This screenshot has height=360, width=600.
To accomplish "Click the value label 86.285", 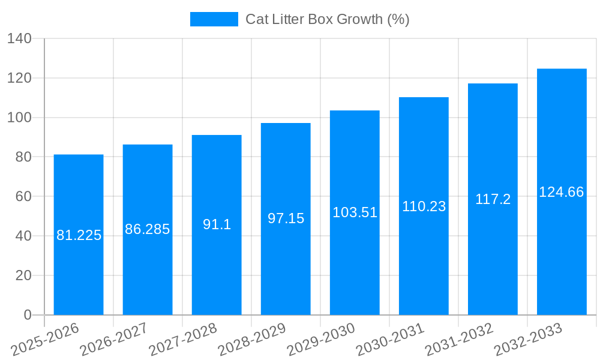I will tap(148, 229).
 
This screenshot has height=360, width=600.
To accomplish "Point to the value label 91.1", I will tap(217, 224).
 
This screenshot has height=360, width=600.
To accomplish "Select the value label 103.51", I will tap(355, 212).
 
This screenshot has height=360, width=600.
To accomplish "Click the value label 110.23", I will tap(424, 206).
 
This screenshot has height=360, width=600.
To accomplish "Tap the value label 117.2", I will tap(493, 200).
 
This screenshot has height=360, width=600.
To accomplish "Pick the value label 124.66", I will tap(562, 193).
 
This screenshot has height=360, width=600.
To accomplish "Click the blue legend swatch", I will tap(214, 19).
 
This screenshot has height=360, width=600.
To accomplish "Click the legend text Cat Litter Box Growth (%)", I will tap(328, 19).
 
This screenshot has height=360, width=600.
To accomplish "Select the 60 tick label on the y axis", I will tap(23, 197).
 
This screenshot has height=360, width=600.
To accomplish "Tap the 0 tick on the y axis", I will tap(27, 315).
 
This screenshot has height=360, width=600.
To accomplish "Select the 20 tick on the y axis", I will tap(23, 275).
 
